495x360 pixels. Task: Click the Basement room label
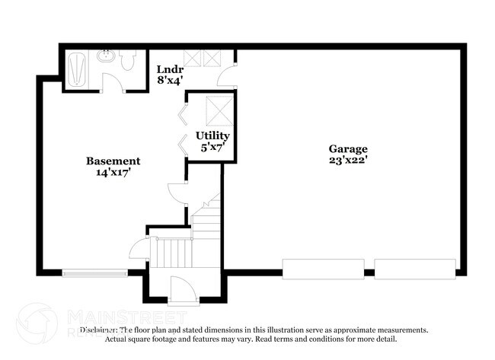113,161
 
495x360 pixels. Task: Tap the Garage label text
348,149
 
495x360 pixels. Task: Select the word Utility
212,135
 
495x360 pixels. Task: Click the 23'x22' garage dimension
348,161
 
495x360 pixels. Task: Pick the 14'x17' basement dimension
113,172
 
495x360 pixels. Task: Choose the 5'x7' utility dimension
212,147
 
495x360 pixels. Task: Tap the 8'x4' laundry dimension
170,78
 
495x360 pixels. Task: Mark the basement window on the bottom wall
94,272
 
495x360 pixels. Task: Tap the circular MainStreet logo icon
36,323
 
